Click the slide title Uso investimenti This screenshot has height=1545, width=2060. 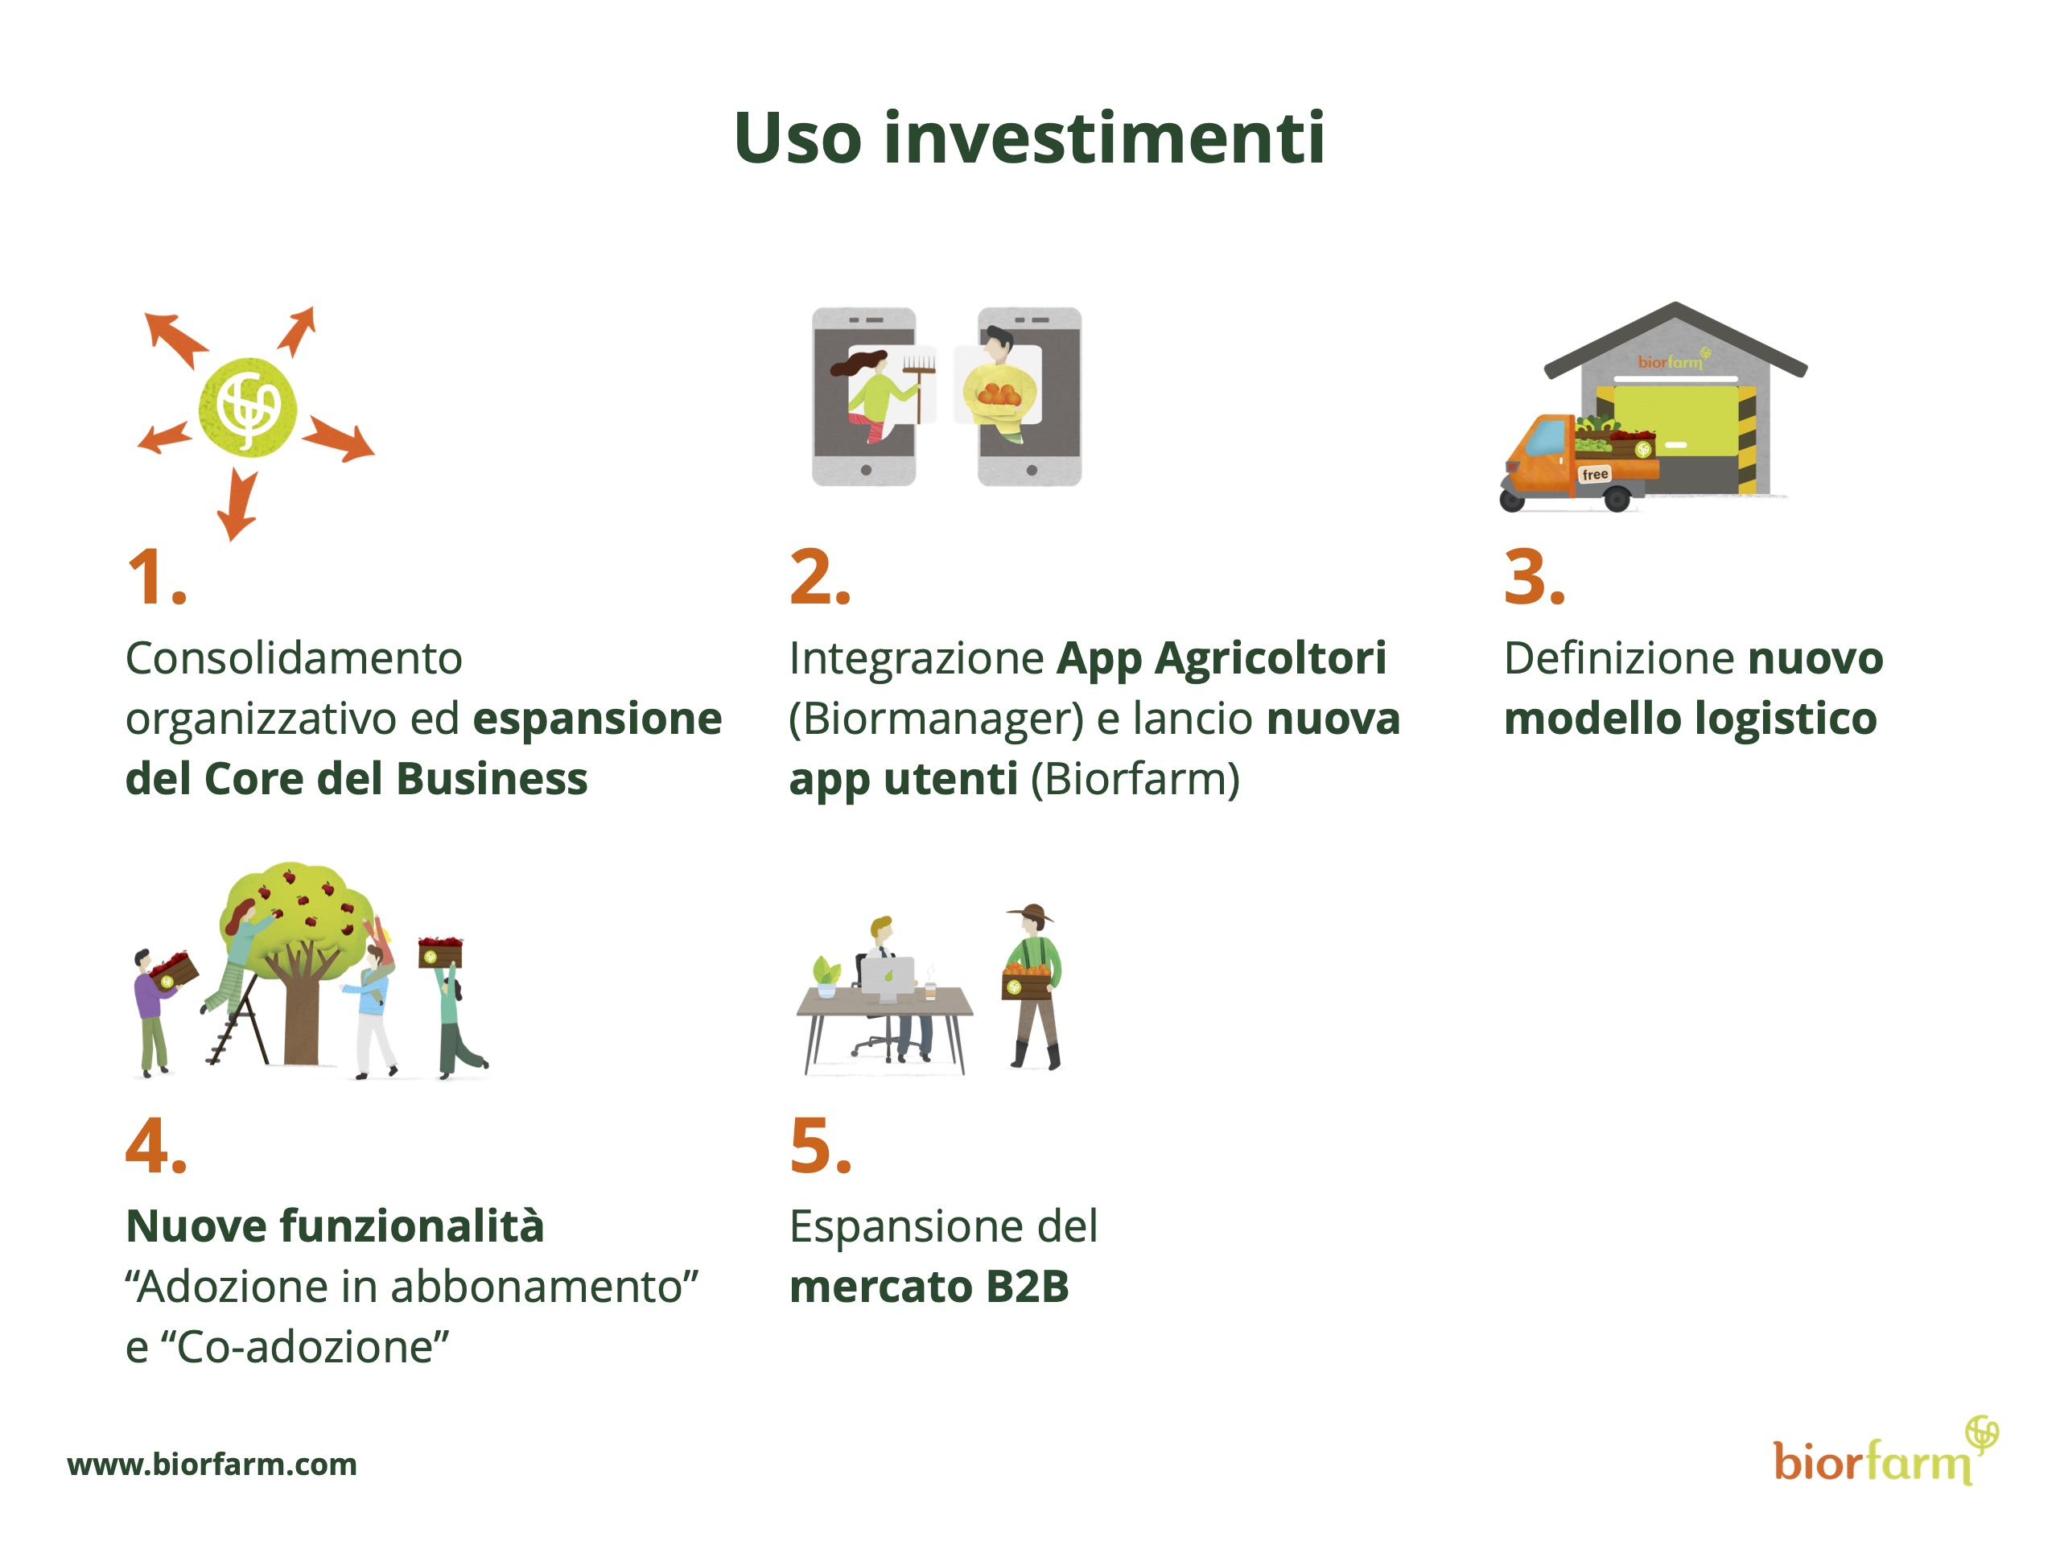pos(1029,138)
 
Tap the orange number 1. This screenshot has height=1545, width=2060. pos(156,578)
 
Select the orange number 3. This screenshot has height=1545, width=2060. pos(1534,578)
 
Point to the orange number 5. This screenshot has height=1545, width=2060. pos(819,1146)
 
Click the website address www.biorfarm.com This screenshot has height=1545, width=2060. pos(212,1464)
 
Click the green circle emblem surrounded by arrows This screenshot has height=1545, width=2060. pos(248,407)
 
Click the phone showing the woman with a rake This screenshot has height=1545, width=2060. pos(864,397)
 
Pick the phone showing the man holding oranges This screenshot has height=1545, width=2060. pos(1029,397)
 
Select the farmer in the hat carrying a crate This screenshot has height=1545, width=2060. pos(1032,987)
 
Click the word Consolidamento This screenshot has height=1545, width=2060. pos(294,658)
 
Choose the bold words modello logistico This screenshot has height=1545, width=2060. pos(1691,719)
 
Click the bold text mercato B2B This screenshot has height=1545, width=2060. pos(929,1286)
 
